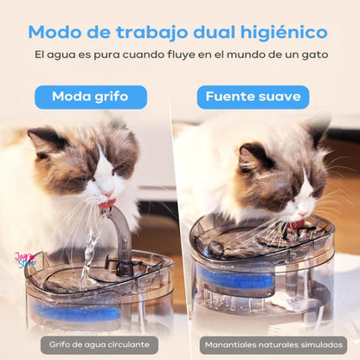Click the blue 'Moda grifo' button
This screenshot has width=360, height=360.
click(x=91, y=96)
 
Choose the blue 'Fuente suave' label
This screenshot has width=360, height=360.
click(x=253, y=96)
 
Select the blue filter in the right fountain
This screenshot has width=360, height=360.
click(x=237, y=280)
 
